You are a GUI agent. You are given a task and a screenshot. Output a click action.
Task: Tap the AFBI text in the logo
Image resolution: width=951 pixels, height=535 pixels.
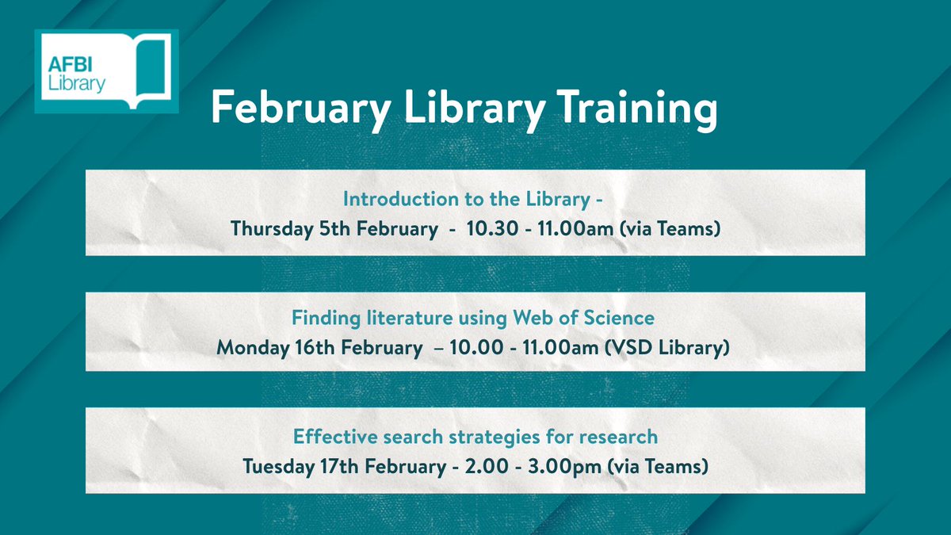71,63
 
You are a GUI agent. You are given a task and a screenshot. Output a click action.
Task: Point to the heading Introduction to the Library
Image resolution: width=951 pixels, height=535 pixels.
473,198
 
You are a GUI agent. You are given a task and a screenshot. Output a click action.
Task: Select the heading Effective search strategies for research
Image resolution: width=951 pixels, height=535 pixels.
475,437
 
